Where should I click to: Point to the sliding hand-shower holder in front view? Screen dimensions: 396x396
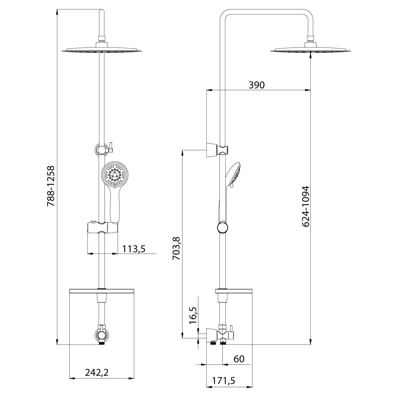pos(102,228)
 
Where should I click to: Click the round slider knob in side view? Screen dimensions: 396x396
pos(223,228)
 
